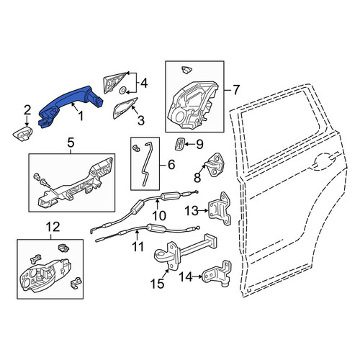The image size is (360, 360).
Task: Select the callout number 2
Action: [x=27, y=110]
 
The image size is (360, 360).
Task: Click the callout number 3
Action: [x=141, y=120]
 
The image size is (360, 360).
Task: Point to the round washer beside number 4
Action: [x=123, y=91]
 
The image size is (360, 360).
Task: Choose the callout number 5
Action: [x=71, y=143]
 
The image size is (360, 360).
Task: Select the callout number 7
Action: [x=236, y=90]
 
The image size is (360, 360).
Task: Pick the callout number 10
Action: [x=159, y=215]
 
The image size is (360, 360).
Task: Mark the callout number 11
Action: [x=138, y=247]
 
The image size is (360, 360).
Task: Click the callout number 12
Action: [x=53, y=227]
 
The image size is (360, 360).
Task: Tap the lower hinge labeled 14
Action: [x=218, y=273]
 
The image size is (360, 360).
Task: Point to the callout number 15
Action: [x=157, y=284]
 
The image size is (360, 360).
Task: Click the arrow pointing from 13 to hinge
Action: [x=204, y=210]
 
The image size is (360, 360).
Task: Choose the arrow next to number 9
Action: [x=190, y=144]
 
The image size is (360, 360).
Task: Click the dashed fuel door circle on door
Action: [x=325, y=161]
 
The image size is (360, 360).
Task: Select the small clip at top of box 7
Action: [x=186, y=70]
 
